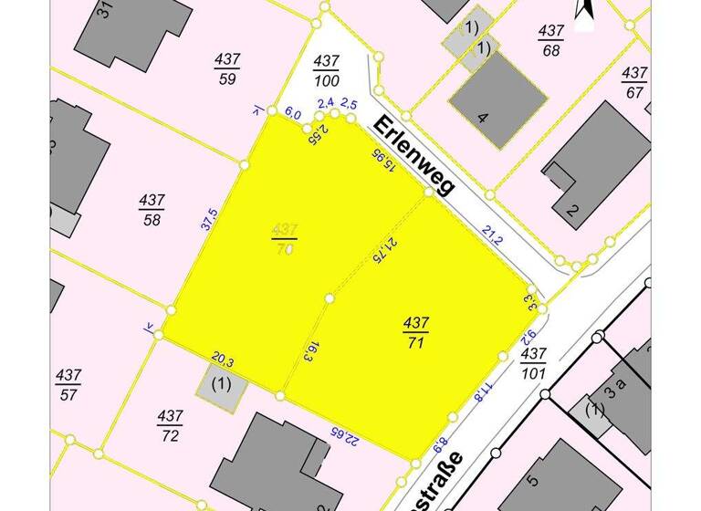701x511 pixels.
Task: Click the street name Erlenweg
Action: click(x=413, y=155)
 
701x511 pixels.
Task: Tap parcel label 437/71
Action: click(x=416, y=331)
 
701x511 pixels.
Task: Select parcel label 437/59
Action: click(x=227, y=68)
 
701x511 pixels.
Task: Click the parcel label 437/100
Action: click(x=326, y=69)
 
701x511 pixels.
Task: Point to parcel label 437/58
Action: click(x=152, y=209)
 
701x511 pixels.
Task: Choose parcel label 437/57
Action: click(x=68, y=383)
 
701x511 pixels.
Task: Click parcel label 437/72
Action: click(x=170, y=424)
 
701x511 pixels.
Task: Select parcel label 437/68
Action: click(x=550, y=39)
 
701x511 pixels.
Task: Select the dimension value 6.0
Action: click(x=292, y=114)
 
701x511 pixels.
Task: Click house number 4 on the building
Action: click(x=484, y=118)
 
